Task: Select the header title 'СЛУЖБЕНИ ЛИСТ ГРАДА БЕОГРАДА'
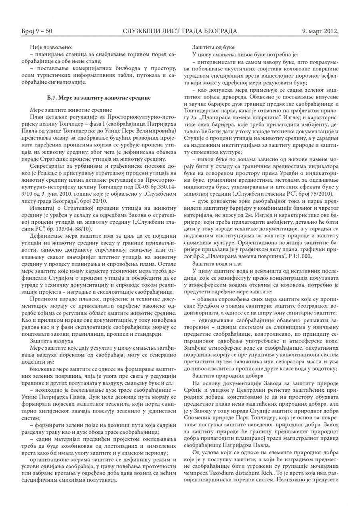pyautogui.click(x=180, y=31)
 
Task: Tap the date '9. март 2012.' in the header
pyautogui.click(x=322, y=31)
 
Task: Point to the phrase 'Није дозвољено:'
pyautogui.click(x=49, y=47)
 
